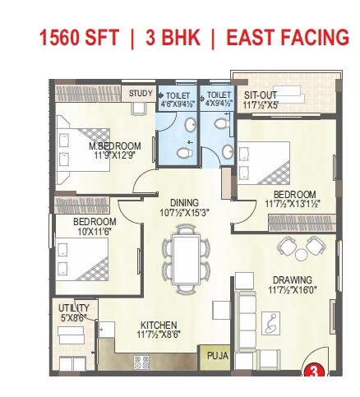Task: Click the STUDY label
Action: click(140, 95)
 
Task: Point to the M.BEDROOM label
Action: click(116, 146)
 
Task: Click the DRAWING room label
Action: click(291, 279)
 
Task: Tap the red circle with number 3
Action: click(312, 371)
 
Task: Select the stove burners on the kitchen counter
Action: click(141, 361)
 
